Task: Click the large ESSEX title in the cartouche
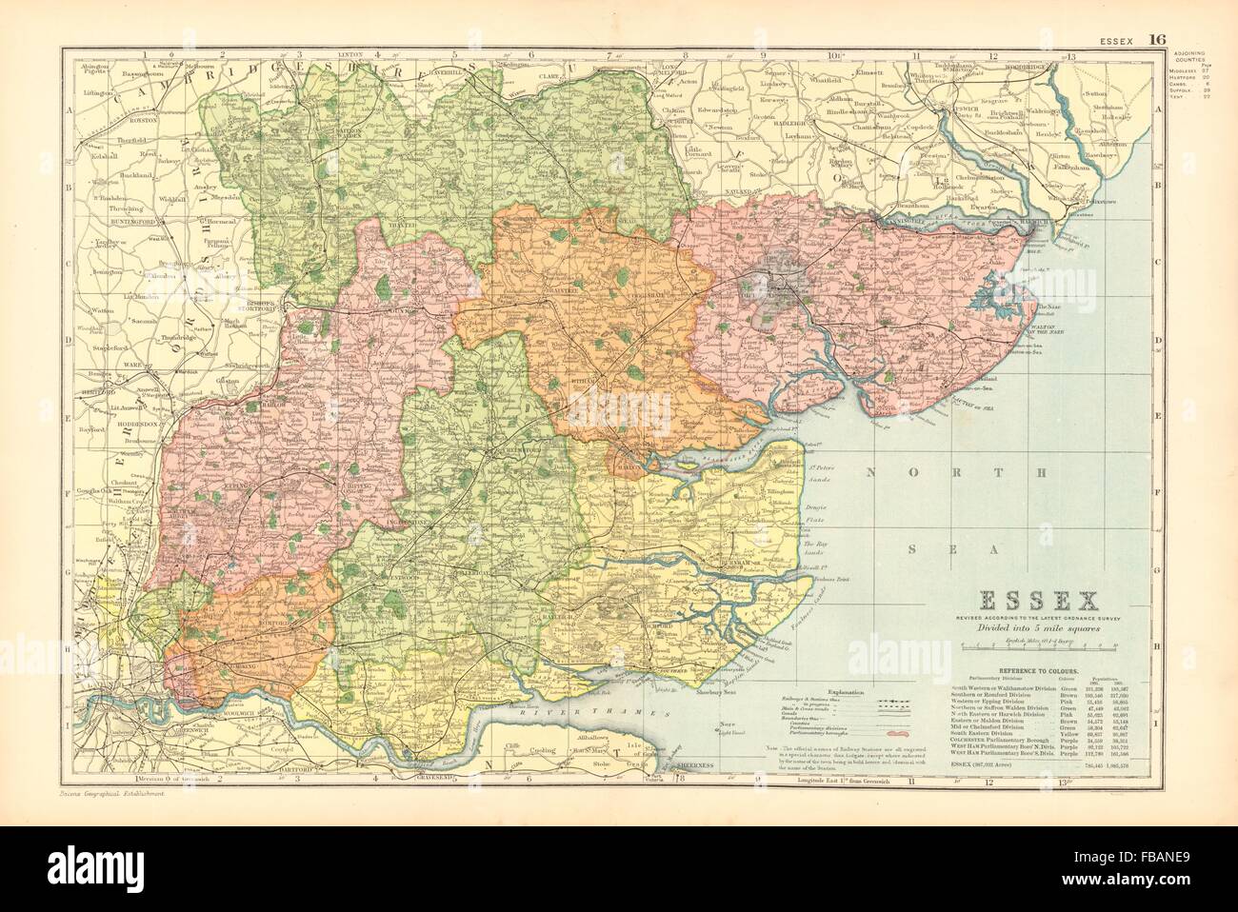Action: click(x=1034, y=601)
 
